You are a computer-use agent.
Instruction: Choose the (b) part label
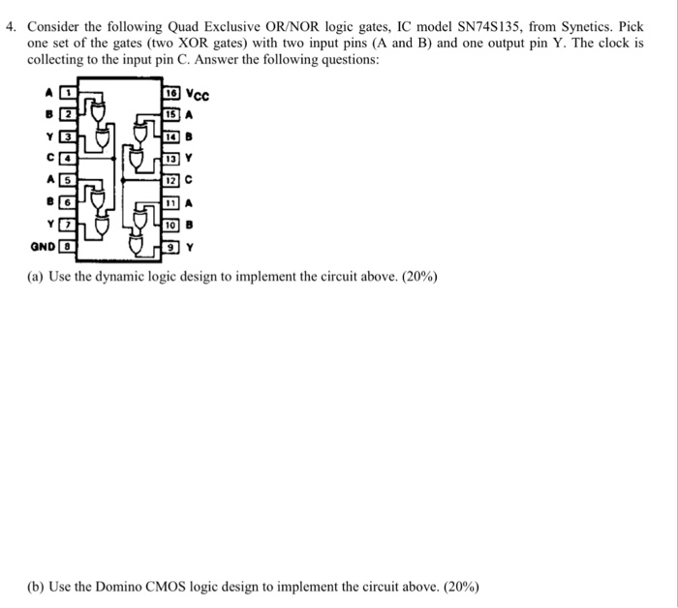(x=37, y=587)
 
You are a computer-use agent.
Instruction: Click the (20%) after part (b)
(x=458, y=587)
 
